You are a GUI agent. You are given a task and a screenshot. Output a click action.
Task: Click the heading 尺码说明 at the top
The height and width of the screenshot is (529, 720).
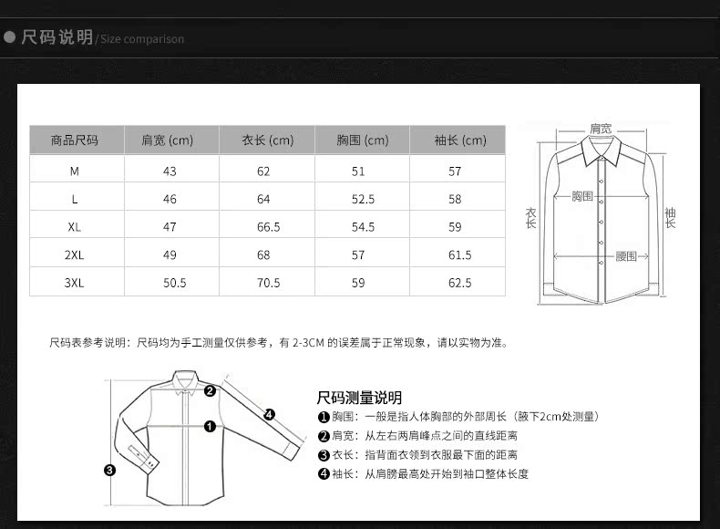tap(57, 37)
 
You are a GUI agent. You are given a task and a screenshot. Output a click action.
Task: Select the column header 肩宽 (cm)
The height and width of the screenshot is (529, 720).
tap(168, 140)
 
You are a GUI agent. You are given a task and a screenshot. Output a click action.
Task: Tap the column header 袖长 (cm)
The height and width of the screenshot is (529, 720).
tap(460, 140)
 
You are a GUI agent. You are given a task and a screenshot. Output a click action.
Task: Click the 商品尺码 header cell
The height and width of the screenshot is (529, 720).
tap(75, 140)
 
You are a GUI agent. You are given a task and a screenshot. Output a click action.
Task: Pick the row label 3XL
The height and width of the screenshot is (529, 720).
tap(75, 283)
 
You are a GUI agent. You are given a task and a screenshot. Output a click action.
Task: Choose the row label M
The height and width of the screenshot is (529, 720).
tap(75, 171)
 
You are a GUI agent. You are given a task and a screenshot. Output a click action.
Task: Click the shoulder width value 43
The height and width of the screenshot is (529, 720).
tap(170, 171)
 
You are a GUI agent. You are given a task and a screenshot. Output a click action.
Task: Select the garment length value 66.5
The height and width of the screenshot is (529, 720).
tap(268, 227)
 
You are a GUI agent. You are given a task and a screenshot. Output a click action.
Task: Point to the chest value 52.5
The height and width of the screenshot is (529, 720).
tap(364, 199)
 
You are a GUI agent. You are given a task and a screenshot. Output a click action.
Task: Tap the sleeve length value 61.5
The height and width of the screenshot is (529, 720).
tap(460, 255)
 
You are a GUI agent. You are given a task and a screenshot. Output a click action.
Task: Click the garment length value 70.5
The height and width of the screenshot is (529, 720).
tap(268, 283)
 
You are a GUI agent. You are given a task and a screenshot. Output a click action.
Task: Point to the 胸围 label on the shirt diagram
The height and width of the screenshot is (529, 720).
tap(582, 196)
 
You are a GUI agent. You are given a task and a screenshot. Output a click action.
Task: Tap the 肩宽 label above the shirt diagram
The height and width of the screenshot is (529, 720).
tap(601, 129)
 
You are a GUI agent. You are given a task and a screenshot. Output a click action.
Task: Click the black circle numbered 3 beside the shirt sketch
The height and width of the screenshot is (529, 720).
tap(109, 471)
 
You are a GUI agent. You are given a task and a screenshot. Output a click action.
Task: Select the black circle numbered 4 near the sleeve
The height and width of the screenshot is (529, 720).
tap(270, 414)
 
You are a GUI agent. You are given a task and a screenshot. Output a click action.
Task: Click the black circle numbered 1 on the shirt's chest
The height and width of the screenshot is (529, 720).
tap(210, 425)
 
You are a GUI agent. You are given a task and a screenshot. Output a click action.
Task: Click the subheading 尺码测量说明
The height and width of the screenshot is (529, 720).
tap(359, 398)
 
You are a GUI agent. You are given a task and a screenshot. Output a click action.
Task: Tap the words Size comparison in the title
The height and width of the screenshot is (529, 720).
tap(142, 39)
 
